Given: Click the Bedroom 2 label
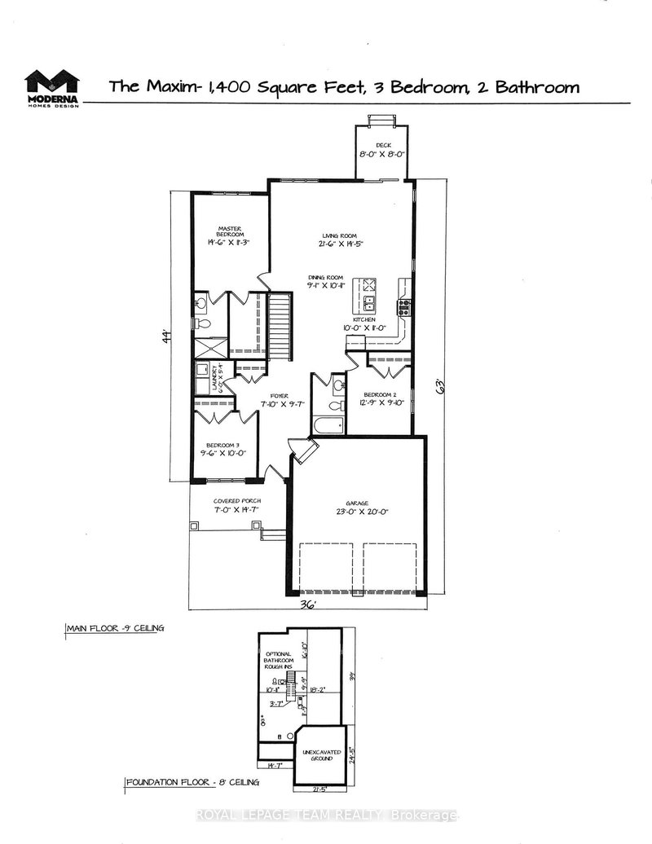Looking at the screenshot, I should [x=380, y=393].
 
